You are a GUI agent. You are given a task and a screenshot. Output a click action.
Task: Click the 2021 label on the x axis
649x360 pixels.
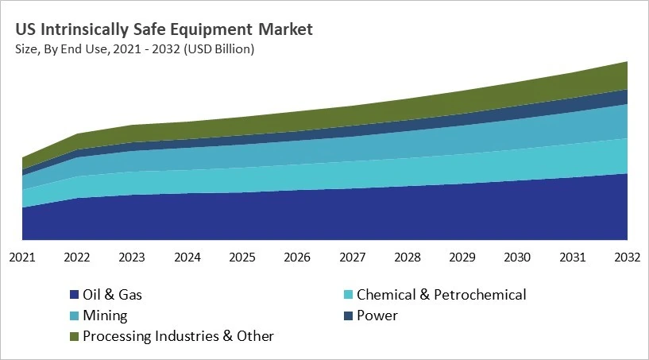coord(21,257)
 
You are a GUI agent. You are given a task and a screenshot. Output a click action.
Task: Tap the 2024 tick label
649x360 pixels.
coord(187,257)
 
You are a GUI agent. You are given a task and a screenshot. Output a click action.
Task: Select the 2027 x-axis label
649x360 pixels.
coord(353,257)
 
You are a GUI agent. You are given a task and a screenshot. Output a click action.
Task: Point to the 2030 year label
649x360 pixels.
coord(518,257)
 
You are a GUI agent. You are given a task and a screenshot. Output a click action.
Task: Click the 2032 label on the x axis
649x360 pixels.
coord(628,257)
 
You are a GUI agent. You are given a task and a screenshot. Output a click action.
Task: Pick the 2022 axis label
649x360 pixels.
coord(77,257)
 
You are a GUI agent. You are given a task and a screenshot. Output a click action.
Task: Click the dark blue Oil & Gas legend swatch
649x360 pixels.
coord(75,296)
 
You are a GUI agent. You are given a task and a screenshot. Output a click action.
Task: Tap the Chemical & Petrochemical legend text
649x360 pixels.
coord(441,295)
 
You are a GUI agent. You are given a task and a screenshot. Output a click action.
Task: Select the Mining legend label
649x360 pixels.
coord(105,315)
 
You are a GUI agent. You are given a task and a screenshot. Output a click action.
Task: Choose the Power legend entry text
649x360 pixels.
coord(377,315)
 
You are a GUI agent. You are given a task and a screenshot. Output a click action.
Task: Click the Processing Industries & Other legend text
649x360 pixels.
coord(178,336)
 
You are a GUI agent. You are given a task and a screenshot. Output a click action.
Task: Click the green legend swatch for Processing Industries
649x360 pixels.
coord(75,337)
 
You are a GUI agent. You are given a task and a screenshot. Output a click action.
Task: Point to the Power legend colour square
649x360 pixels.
coord(348,316)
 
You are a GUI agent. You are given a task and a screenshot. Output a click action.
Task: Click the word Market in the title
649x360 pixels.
coord(285,30)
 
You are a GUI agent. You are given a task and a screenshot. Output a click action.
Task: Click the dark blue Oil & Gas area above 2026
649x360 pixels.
coord(297,215)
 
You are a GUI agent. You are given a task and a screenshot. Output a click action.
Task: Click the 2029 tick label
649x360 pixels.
coord(462,257)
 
